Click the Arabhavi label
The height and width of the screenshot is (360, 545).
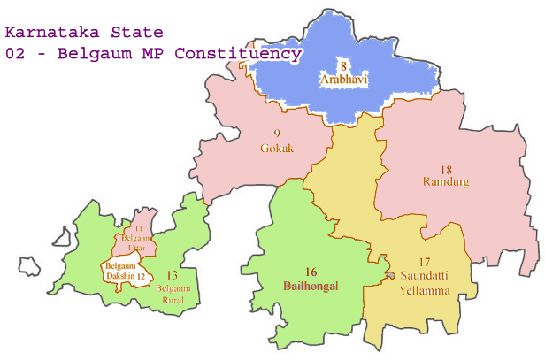coord(343,80)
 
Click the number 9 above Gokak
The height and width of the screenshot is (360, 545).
coord(277,134)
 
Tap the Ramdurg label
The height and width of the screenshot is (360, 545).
coord(446,182)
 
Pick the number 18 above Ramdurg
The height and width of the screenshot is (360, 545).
coord(446,169)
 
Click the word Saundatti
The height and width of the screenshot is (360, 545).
coord(424,276)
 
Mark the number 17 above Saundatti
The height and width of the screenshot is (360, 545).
coord(424,262)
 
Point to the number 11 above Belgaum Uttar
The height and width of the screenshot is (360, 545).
coord(138,229)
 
